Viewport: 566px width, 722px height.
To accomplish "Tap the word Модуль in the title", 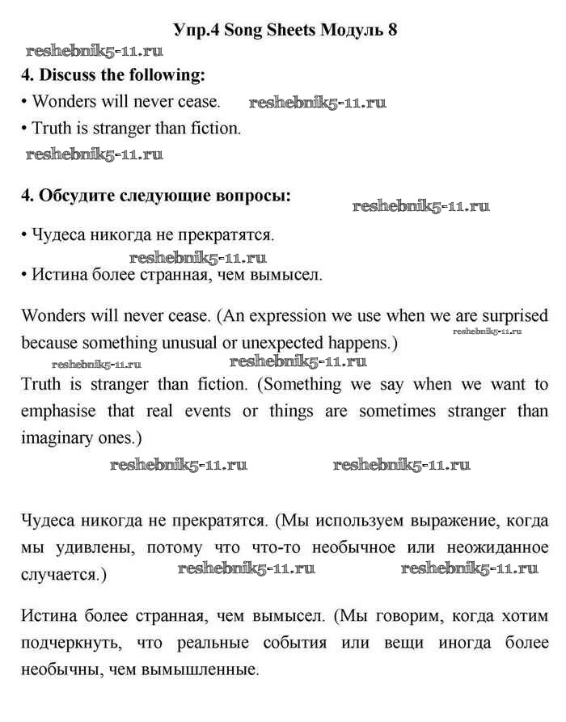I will (353, 30).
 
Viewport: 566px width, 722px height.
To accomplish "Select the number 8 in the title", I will (393, 30).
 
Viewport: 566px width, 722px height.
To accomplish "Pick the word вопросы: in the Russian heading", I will (254, 196).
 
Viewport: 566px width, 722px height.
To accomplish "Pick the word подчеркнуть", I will (71, 644).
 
